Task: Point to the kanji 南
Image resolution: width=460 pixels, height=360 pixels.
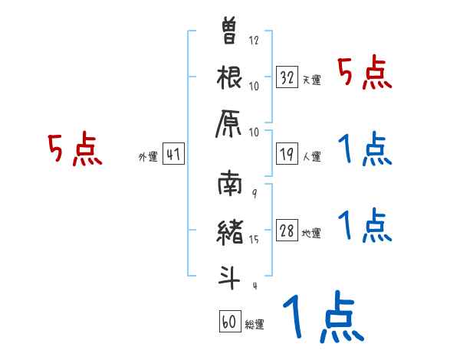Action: [230, 186]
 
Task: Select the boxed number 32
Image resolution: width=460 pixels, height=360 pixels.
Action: [287, 77]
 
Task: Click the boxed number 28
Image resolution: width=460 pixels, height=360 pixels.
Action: [287, 231]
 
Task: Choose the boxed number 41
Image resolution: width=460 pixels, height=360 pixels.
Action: [173, 155]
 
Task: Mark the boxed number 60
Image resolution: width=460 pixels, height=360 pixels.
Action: [229, 322]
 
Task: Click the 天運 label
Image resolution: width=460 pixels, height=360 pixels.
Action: [311, 80]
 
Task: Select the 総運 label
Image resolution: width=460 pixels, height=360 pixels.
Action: [254, 324]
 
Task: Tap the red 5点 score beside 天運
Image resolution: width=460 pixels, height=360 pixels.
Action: [364, 75]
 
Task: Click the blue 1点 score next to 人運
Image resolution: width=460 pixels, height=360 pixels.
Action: [364, 150]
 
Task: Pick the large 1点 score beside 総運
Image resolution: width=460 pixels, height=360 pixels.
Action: [322, 318]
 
